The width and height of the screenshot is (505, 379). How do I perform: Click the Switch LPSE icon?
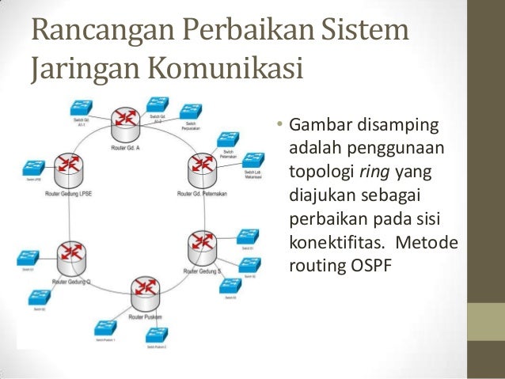click(x=32, y=169)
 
